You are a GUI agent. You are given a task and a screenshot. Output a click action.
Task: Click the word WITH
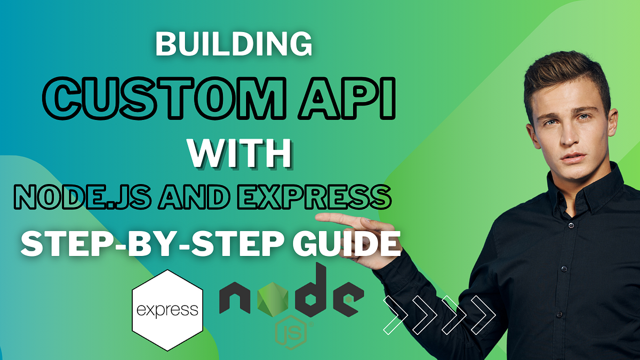(241, 154)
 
